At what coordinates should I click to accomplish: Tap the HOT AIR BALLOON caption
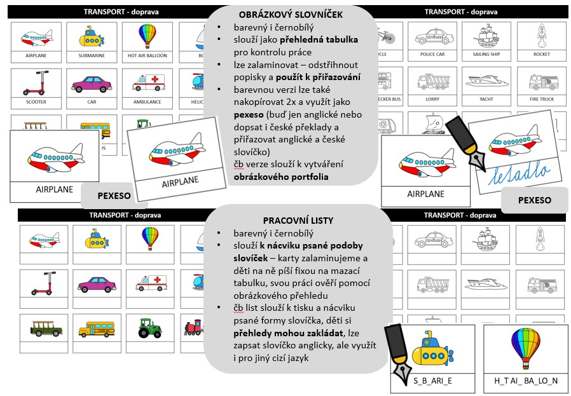[x=147, y=56]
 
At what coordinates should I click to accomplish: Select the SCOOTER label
[x=36, y=102]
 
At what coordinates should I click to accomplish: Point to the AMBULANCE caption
[x=147, y=102]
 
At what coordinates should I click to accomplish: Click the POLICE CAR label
[x=432, y=55]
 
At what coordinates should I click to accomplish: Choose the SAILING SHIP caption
[x=486, y=55]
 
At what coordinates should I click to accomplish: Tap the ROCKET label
[x=541, y=55]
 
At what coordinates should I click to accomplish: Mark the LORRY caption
[x=432, y=100]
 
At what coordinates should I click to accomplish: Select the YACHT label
[x=486, y=100]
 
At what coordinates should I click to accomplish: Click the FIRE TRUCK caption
[x=541, y=100]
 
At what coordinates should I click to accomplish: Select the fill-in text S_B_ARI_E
[x=432, y=381]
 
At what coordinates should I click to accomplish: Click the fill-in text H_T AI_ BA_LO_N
[x=525, y=381]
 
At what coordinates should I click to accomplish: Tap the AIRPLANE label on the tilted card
[x=181, y=182]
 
